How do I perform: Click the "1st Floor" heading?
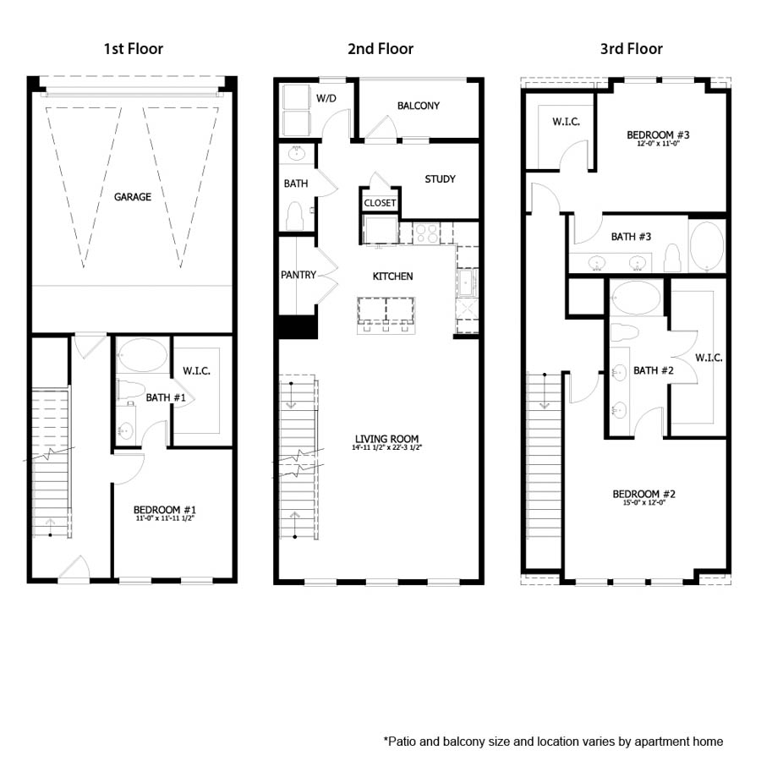point(133,48)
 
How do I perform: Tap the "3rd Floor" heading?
point(631,48)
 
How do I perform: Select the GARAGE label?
point(133,197)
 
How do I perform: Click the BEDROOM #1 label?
point(165,510)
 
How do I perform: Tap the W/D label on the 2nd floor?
point(326,99)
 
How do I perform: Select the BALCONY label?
point(418,106)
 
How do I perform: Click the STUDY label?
point(440,178)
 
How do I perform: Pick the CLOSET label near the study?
point(380,203)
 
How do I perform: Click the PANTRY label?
point(298,275)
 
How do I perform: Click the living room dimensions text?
point(386,448)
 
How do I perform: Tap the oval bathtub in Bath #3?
point(707,246)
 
